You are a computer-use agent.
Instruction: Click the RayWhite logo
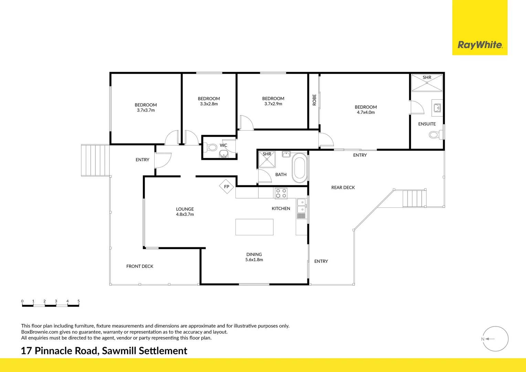click(480, 45)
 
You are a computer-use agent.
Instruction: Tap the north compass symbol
click(495, 339)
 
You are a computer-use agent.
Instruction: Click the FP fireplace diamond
click(227, 187)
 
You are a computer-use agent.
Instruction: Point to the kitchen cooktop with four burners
click(281, 193)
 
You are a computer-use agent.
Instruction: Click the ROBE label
click(314, 100)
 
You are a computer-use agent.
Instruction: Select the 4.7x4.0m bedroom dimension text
click(366, 113)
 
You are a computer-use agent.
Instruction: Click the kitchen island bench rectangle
click(254, 227)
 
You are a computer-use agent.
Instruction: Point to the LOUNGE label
click(185, 209)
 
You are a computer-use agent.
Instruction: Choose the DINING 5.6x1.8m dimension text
click(254, 260)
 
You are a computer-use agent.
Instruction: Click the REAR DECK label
click(343, 188)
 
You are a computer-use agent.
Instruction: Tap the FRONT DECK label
click(140, 266)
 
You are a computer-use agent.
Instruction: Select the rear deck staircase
click(414, 198)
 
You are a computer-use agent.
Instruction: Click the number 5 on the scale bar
click(78, 301)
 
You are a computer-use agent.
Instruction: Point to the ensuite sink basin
click(437, 108)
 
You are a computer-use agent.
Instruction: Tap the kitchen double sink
click(301, 206)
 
